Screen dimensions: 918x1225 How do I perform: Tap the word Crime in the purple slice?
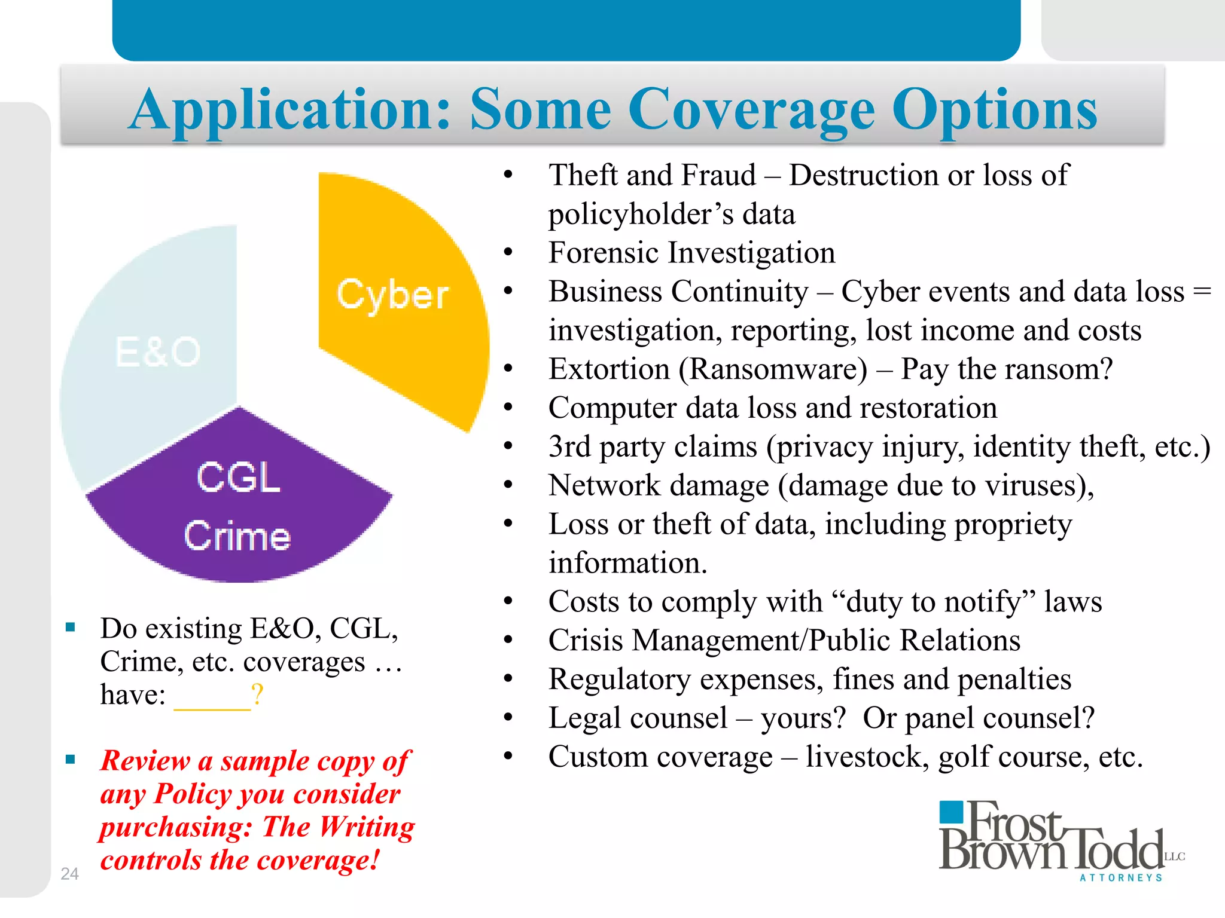click(237, 535)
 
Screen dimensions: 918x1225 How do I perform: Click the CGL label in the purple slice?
click(239, 478)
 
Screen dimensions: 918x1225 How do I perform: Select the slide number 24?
click(69, 873)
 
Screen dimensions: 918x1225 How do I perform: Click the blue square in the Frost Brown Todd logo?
click(952, 813)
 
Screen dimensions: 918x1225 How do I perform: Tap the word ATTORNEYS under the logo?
click(1121, 877)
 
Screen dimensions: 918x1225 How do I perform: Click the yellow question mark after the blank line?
click(257, 694)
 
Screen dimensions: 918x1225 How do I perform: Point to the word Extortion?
click(610, 369)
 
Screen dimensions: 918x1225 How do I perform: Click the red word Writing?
click(367, 827)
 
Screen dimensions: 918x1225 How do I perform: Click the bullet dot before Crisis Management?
click(508, 640)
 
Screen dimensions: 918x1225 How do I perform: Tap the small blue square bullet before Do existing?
click(71, 628)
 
